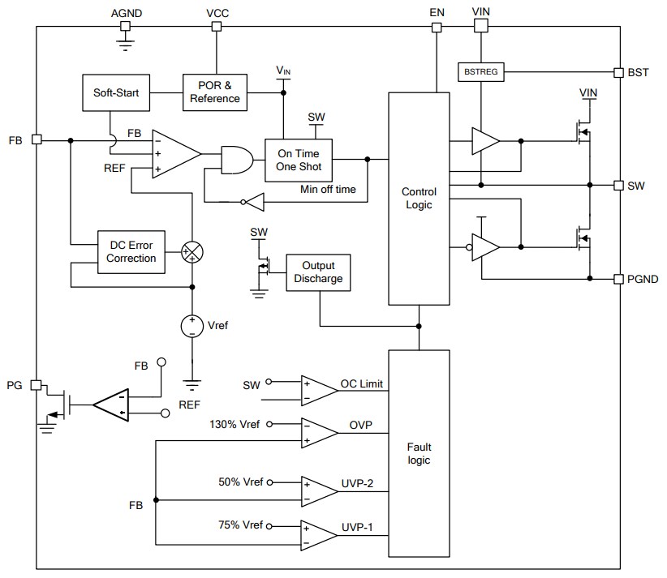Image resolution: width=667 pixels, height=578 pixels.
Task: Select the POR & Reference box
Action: (215, 92)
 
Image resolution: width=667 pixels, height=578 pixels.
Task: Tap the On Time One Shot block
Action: (299, 160)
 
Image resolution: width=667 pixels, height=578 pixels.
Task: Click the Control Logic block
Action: (419, 199)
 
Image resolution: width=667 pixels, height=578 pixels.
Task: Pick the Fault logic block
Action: (419, 454)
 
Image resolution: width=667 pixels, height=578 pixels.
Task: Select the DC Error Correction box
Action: (131, 251)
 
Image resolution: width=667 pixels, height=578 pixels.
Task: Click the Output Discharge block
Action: (323, 272)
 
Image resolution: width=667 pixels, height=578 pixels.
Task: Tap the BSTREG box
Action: (481, 72)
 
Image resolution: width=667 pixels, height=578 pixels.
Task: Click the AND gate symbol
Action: (235, 160)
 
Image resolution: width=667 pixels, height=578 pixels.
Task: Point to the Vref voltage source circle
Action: (192, 325)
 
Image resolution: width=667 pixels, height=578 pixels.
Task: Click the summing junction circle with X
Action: (192, 251)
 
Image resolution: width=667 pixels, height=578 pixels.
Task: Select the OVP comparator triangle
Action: (318, 433)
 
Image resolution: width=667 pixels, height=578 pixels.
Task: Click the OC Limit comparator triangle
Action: (318, 390)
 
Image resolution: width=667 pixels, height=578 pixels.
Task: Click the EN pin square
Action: (437, 27)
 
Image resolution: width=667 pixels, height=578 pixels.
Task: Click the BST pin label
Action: (638, 72)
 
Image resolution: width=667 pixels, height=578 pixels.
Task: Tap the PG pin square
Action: (36, 384)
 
